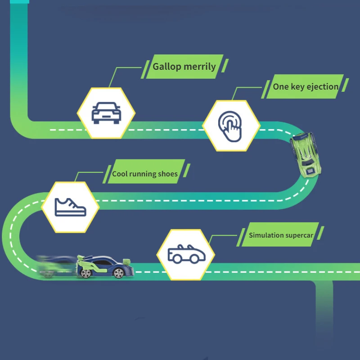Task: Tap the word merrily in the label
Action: pos(199,67)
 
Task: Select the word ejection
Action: pos(322,86)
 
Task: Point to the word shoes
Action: pos(167,174)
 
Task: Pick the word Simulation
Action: pos(266,235)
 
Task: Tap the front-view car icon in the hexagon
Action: pos(106,112)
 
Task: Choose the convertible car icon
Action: pos(185,254)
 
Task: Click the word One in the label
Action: pos(281,86)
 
